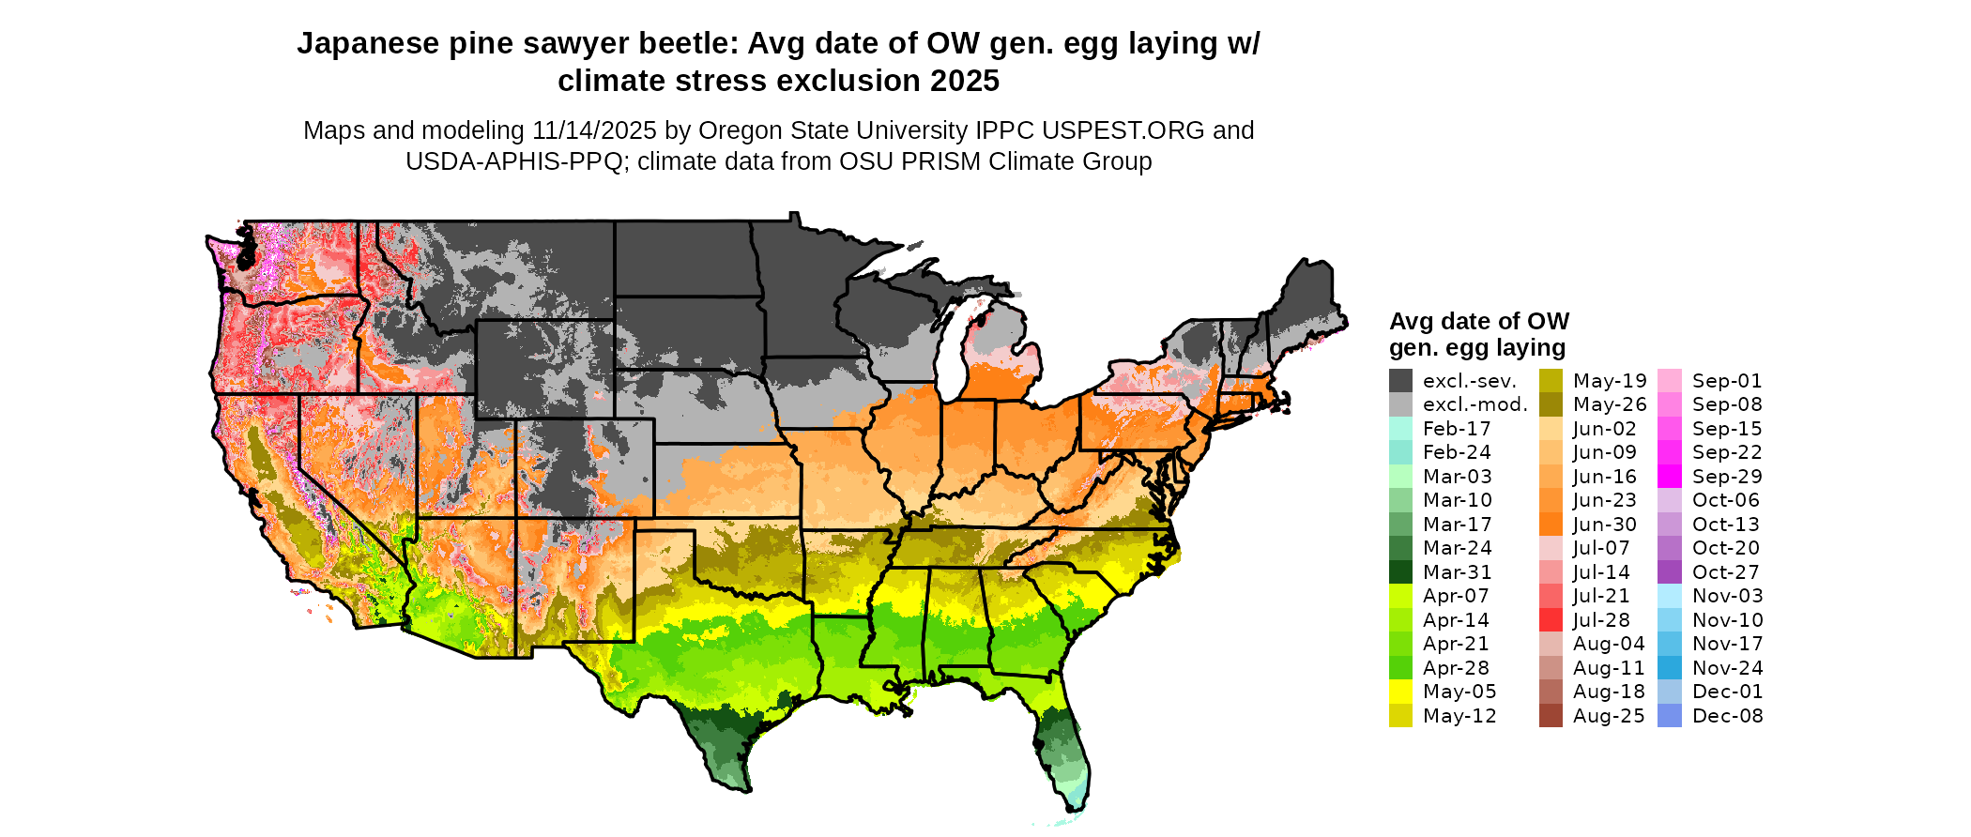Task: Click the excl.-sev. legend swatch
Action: (1400, 381)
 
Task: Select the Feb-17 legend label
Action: (1457, 429)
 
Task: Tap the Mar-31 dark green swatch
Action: (1400, 572)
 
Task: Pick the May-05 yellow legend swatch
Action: (1400, 692)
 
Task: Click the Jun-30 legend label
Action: (1604, 525)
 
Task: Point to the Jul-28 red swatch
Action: (1551, 620)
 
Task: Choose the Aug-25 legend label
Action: (1609, 716)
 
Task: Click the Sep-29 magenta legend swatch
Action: (1670, 477)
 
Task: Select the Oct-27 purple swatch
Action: (1670, 572)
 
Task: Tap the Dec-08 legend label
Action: (1727, 716)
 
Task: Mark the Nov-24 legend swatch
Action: (1670, 668)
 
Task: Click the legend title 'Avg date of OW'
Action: (1478, 322)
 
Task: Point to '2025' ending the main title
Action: (965, 82)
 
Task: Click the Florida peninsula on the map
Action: (1065, 751)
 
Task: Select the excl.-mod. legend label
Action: (1474, 405)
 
